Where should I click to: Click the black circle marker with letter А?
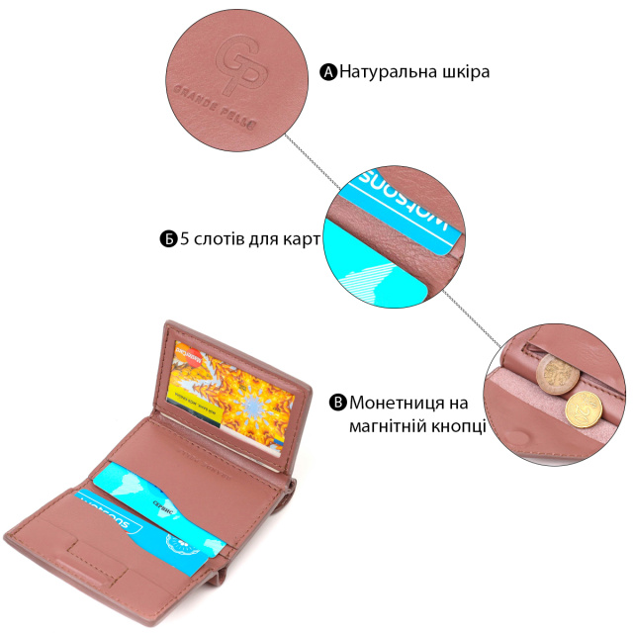coord(329,72)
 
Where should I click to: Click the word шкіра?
coord(463,72)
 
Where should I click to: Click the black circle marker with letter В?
coord(337,403)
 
